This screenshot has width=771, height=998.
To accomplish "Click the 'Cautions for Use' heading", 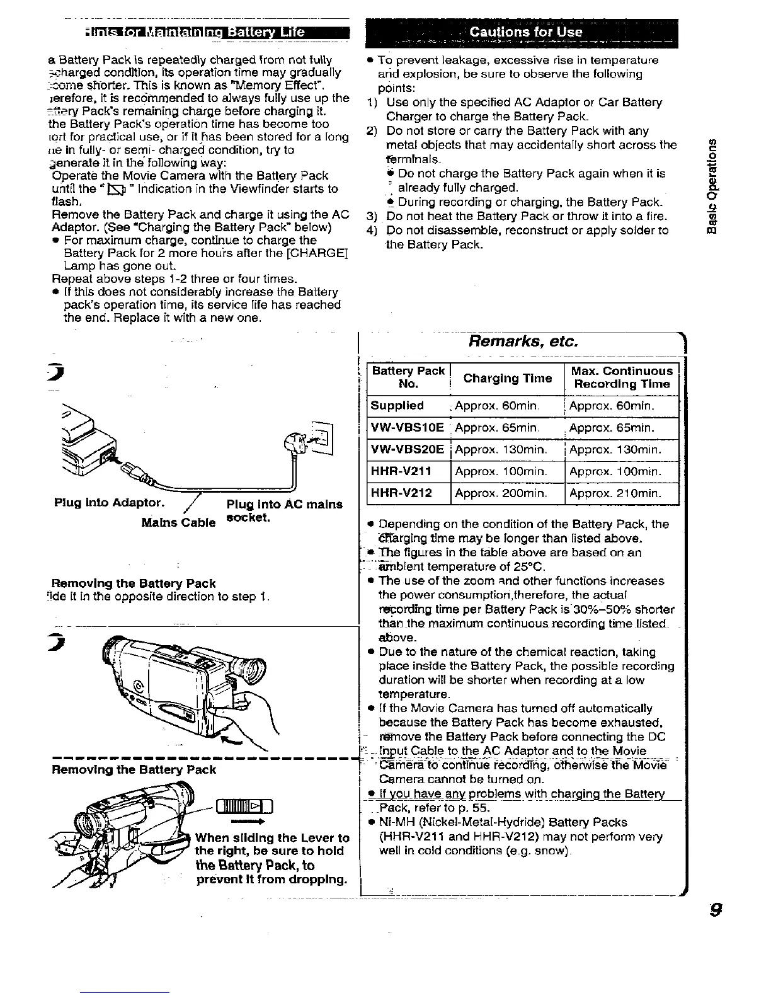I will (x=526, y=32).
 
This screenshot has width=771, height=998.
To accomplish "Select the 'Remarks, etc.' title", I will (x=522, y=341).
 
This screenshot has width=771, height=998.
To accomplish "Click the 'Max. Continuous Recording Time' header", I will (x=621, y=377).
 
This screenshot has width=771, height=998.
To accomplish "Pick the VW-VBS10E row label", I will (x=408, y=428).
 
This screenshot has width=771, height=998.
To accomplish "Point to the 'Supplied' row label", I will (x=397, y=406).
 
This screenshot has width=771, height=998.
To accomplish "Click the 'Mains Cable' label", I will (x=179, y=523).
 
